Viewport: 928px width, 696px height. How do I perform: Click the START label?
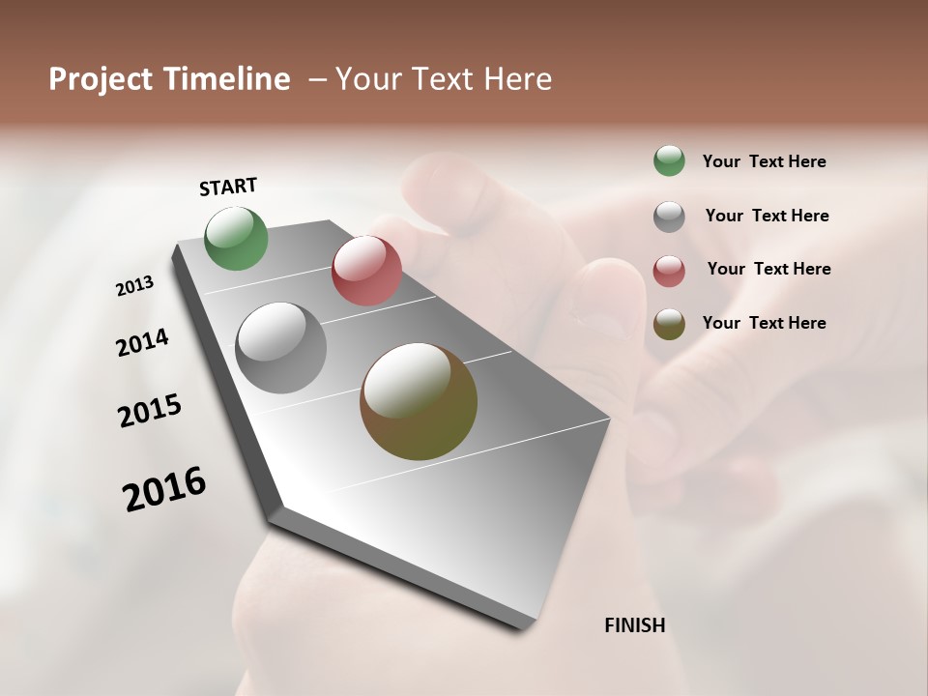pyautogui.click(x=228, y=187)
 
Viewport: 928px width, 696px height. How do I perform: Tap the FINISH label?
pyautogui.click(x=634, y=625)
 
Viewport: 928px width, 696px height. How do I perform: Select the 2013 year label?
pyautogui.click(x=134, y=285)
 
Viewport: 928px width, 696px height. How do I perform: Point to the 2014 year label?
pyautogui.click(x=142, y=342)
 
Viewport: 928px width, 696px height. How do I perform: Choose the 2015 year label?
pyautogui.click(x=150, y=410)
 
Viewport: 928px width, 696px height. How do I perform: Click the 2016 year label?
pyautogui.click(x=164, y=488)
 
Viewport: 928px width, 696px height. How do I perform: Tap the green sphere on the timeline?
pyautogui.click(x=236, y=238)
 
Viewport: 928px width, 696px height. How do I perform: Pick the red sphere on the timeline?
pyautogui.click(x=366, y=270)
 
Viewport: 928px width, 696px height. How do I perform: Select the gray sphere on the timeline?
pyautogui.click(x=280, y=348)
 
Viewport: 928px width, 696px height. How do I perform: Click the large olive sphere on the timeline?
pyautogui.click(x=419, y=401)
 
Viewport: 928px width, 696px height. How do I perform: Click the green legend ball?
pyautogui.click(x=669, y=160)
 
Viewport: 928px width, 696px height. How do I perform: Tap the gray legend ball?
pyautogui.click(x=669, y=217)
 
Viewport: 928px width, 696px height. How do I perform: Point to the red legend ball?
pyautogui.click(x=669, y=271)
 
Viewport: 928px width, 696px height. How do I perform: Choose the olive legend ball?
pyautogui.click(x=669, y=324)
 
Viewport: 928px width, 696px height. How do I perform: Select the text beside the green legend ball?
pyautogui.click(x=764, y=162)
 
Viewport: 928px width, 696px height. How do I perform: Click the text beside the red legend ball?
pyautogui.click(x=768, y=269)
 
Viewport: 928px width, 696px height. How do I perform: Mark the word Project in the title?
pyautogui.click(x=101, y=79)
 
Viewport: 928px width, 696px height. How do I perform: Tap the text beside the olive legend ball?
pyautogui.click(x=764, y=323)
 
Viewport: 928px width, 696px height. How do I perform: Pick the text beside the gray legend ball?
pyautogui.click(x=767, y=216)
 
